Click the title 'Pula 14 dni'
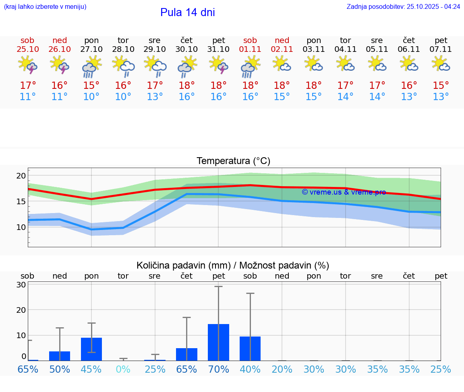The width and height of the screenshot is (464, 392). (x=187, y=12)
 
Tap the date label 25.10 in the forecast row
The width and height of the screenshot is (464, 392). (x=27, y=49)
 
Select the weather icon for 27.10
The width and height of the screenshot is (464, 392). (x=91, y=67)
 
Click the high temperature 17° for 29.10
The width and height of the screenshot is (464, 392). (x=155, y=86)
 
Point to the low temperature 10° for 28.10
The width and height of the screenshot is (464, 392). (x=123, y=97)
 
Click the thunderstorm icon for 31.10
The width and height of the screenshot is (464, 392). (x=218, y=65)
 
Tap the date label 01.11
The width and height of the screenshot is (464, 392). (x=250, y=49)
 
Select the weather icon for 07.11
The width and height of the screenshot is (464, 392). (x=441, y=64)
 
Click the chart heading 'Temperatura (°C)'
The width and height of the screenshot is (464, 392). (x=233, y=161)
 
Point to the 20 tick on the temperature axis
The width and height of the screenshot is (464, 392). (x=21, y=176)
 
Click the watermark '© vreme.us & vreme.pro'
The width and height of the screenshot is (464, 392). (x=344, y=192)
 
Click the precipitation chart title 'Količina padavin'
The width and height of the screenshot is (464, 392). (x=233, y=265)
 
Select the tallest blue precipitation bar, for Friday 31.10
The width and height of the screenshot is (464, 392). (x=218, y=342)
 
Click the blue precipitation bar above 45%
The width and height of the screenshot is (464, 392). (x=91, y=349)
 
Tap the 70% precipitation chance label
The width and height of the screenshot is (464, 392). (x=218, y=369)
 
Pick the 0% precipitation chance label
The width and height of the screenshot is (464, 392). (x=123, y=369)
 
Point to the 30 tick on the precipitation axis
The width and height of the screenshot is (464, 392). (x=21, y=285)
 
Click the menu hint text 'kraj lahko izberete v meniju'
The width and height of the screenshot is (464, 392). (x=45, y=7)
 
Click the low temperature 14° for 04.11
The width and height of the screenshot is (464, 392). (x=345, y=97)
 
